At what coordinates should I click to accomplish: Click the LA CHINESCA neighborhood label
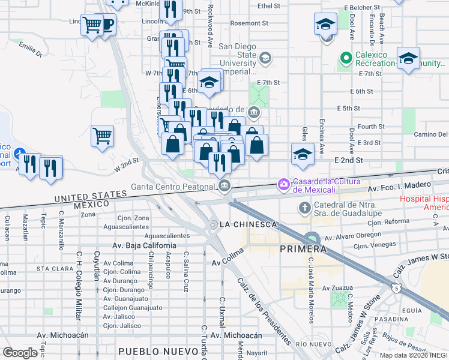(248, 224)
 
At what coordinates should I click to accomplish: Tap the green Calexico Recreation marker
(345, 59)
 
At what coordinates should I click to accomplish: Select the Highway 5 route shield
(396, 289)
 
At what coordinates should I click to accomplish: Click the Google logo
(20, 352)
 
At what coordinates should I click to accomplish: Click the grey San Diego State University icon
(265, 58)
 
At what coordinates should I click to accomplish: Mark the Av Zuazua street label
(339, 288)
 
